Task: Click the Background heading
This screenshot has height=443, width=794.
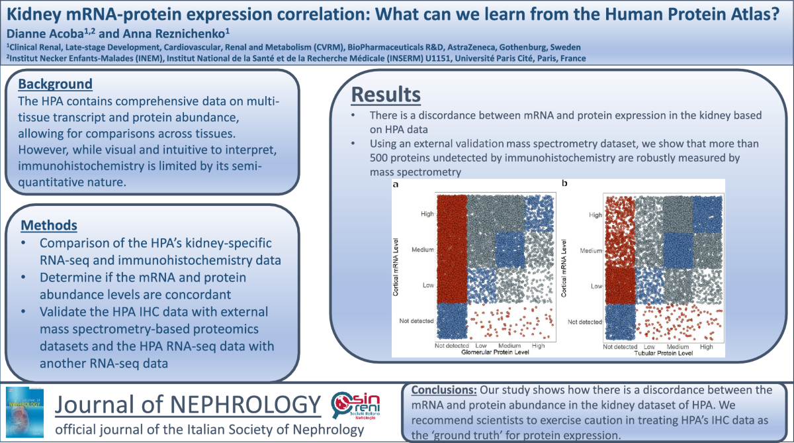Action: coord(55,84)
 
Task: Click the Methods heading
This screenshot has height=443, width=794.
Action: coord(48,225)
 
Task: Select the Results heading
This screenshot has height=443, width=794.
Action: coord(385,94)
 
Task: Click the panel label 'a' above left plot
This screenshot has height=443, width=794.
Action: coord(395,185)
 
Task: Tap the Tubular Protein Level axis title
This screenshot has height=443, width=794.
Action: coord(663,354)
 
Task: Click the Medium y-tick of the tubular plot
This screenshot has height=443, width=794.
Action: coord(591,251)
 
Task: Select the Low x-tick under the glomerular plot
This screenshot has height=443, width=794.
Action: coord(481,346)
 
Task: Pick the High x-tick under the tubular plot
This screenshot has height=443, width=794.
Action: coord(707,346)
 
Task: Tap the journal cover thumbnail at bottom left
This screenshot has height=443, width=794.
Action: coord(25,411)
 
